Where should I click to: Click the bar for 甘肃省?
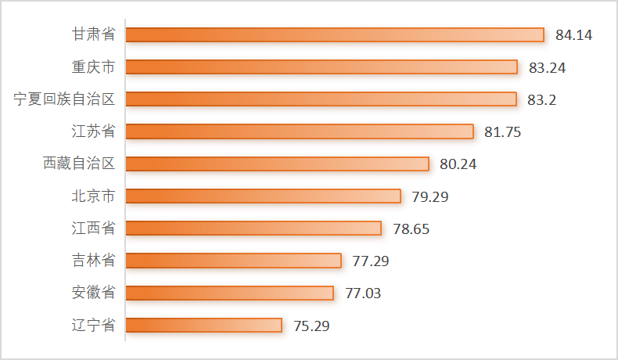pyautogui.click(x=334, y=34)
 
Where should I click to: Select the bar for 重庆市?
pyautogui.click(x=322, y=67)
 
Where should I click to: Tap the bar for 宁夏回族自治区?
pyautogui.click(x=321, y=99)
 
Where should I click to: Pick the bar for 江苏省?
pyautogui.click(x=300, y=131)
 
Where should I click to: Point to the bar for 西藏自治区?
pyautogui.click(x=277, y=164)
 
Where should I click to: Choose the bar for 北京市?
pyautogui.click(x=263, y=196)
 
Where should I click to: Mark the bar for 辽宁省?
pyautogui.click(x=203, y=325)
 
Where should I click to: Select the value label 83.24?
pyautogui.click(x=547, y=67)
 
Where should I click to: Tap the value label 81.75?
pyautogui.click(x=503, y=132)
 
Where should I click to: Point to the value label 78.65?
pyautogui.click(x=411, y=229)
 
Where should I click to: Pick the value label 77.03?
pyautogui.click(x=363, y=293)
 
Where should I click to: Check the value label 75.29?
pyautogui.click(x=311, y=326)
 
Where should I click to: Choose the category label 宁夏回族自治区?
pyautogui.click(x=65, y=99)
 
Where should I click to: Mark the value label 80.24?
pyautogui.click(x=458, y=164)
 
